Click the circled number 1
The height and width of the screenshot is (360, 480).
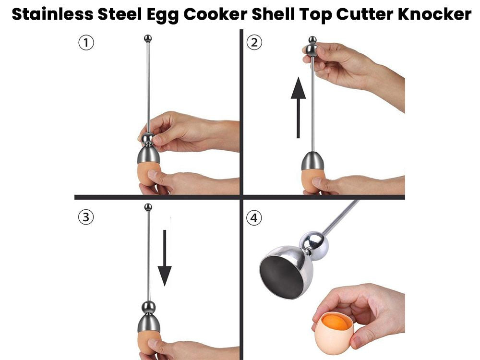coord(86,43)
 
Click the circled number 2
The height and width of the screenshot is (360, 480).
coord(254,43)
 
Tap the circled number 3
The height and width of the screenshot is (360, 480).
coord(86,217)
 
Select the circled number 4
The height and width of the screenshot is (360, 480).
coord(254,218)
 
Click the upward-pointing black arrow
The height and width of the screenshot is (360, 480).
coord(298,108)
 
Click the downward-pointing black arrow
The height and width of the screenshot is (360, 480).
coord(165,258)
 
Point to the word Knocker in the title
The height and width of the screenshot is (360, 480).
coord(435,14)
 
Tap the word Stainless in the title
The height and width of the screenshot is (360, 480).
coord(52,14)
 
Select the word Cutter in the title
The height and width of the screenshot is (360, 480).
coord(365,14)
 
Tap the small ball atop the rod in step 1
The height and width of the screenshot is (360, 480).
coord(148,38)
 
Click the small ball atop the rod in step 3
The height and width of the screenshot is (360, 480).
coord(148,207)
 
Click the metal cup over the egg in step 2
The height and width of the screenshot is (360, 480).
coord(312,161)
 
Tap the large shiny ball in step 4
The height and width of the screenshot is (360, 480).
coord(313,241)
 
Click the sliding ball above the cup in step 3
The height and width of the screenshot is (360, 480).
coord(148,307)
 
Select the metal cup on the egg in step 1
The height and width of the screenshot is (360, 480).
coord(148,155)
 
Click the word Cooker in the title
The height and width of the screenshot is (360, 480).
coord(216,14)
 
